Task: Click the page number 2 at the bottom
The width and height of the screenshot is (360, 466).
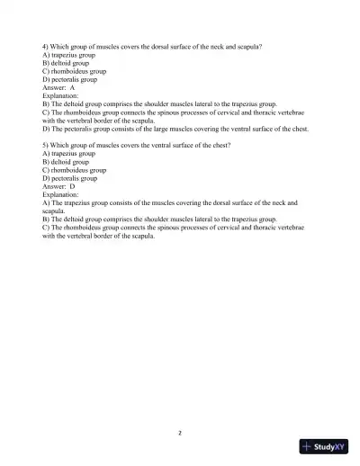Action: (x=180, y=432)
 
